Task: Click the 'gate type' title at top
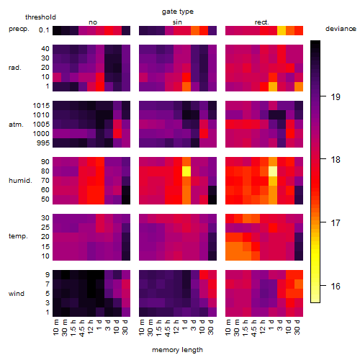[178, 12]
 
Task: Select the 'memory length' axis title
[177, 350]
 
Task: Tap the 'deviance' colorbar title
[341, 29]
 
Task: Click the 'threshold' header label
[40, 17]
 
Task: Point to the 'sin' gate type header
[177, 22]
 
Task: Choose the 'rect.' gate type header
[262, 22]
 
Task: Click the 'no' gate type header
[93, 22]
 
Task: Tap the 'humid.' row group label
[20, 181]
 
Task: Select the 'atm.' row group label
[16, 125]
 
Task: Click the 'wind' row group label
[17, 294]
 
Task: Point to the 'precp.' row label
[19, 29]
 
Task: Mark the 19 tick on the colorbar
[323, 96]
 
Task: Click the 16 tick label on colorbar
[336, 286]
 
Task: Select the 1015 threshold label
[41, 106]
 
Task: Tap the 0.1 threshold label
[44, 30]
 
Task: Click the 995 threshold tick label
[43, 143]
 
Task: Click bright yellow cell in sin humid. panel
[186, 171]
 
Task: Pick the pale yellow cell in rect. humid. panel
[273, 171]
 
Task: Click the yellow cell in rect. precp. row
[282, 30]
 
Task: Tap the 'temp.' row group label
[18, 236]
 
